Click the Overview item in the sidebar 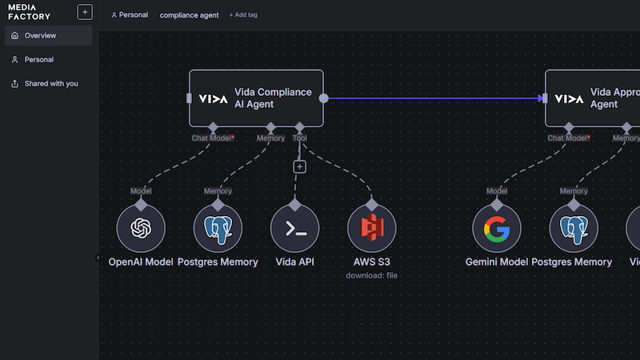pos(40,36)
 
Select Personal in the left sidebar pos(38,60)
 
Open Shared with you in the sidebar pos(50,84)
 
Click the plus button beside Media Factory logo pos(85,12)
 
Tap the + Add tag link pos(243,15)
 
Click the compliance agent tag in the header pos(189,15)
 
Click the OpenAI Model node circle pos(141,228)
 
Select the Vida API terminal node pos(294,228)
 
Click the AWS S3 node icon pos(371,228)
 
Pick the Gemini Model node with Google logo pos(496,228)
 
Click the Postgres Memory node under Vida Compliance pos(218,228)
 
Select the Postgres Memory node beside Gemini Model pos(574,228)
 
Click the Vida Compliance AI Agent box pos(256,98)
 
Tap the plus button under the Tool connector pos(299,166)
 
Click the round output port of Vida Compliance pos(323,98)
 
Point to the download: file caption pos(371,276)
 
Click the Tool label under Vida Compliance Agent pos(299,138)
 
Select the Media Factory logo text pos(29,11)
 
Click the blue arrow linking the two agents pos(432,98)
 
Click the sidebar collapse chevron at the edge pos(98,258)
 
